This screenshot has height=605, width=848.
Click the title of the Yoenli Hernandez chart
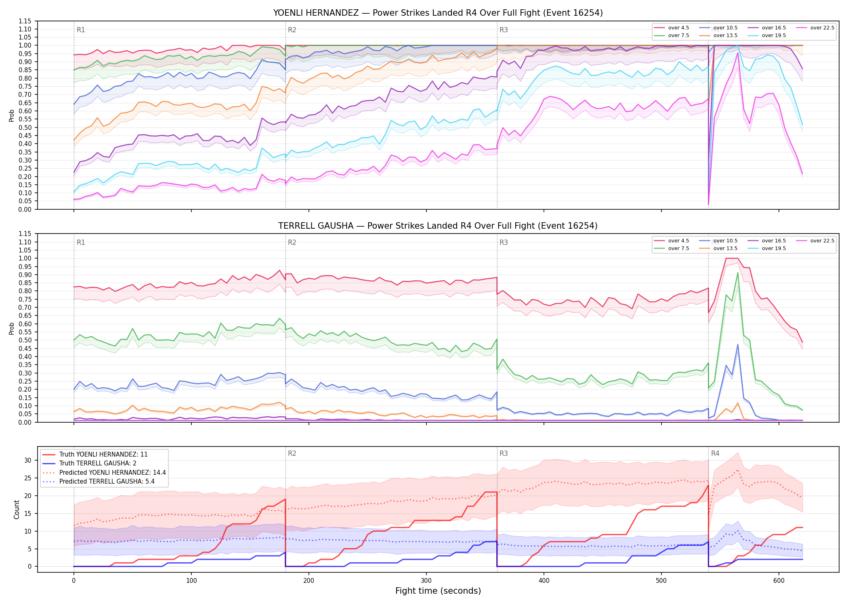pos(438,13)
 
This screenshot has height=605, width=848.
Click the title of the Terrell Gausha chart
pos(438,226)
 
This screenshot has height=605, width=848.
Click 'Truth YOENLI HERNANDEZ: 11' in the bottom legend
pos(103,455)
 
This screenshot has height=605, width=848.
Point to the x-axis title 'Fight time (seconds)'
pos(438,591)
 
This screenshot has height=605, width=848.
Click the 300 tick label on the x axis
pos(426,581)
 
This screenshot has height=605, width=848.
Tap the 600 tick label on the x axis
pos(779,581)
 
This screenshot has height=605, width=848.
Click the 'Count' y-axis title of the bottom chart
pos(17,509)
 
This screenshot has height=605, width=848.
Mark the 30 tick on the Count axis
pos(28,460)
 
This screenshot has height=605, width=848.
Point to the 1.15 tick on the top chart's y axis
pos(25,21)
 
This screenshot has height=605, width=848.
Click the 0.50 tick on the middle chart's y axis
pos(25,340)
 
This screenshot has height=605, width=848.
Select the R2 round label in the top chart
pos(292,30)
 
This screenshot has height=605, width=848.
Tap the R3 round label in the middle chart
pos(504,242)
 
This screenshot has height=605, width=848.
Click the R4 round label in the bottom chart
pos(715,453)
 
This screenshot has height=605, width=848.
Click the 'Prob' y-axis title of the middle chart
pos(12,328)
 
